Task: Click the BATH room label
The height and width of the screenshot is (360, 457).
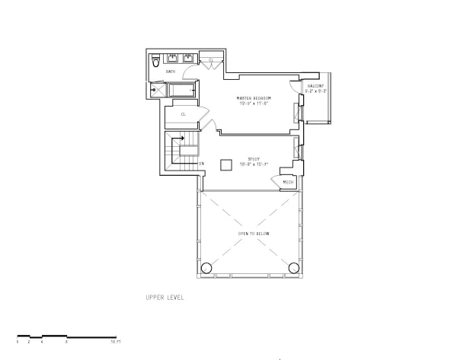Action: click(171, 72)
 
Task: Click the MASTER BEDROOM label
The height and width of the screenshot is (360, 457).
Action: click(254, 99)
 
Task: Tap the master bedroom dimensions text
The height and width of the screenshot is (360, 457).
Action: click(254, 104)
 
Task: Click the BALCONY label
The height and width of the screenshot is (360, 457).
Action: click(315, 85)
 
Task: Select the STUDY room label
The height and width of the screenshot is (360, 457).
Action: click(254, 159)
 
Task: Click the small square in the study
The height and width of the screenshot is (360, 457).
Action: click(226, 165)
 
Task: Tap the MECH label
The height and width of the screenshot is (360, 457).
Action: click(288, 182)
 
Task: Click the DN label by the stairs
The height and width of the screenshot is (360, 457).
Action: click(202, 164)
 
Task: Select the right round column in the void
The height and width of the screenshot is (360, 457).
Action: click(294, 267)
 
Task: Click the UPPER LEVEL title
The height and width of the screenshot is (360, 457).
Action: click(165, 298)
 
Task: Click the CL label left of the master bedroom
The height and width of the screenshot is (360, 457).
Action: click(184, 115)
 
